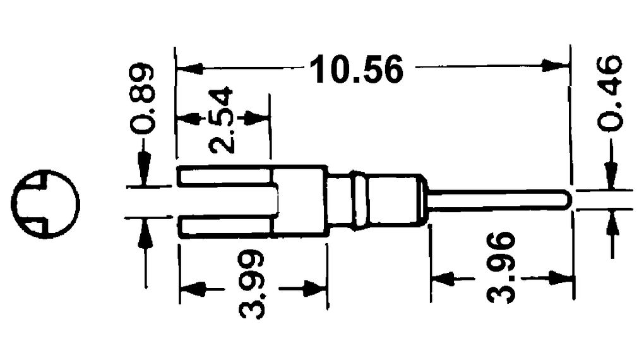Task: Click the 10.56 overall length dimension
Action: [357, 70]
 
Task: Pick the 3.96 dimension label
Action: [500, 267]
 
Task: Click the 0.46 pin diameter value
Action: [609, 93]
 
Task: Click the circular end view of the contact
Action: [45, 204]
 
